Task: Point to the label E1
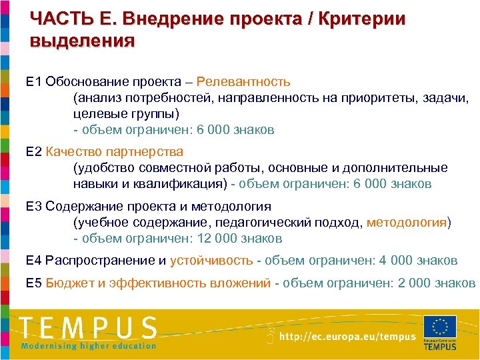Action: (33, 82)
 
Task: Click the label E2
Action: (33, 152)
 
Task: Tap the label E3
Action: (33, 207)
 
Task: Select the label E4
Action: (33, 260)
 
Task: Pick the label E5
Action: (33, 283)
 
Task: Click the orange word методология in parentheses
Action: (407, 223)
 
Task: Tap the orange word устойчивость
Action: (211, 260)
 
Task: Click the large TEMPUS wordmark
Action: (88, 328)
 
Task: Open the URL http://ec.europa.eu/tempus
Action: (347, 337)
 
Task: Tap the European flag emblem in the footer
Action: (440, 327)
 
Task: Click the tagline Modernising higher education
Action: (88, 345)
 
